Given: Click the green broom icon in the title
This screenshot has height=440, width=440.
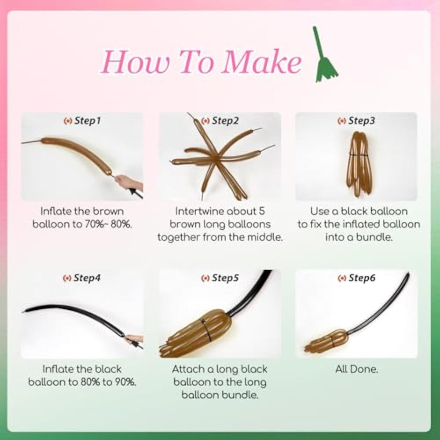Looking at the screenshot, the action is (326, 56).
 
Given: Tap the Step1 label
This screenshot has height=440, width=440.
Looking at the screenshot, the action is (82, 121).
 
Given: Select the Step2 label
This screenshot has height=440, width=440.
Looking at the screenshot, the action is (220, 121).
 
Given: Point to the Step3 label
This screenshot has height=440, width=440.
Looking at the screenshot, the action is (356, 121).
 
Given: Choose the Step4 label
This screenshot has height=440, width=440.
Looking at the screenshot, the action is (82, 278).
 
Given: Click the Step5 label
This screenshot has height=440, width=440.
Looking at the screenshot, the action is (220, 278).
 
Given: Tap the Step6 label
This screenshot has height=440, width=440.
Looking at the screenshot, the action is (356, 278).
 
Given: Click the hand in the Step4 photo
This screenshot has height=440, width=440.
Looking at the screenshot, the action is (134, 339).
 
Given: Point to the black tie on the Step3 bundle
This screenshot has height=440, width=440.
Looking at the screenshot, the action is (359, 155).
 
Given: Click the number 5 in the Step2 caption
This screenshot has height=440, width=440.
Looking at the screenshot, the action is (261, 211).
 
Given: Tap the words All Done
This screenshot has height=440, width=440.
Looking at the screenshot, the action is (357, 369).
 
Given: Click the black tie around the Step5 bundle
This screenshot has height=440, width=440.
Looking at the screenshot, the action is (206, 330).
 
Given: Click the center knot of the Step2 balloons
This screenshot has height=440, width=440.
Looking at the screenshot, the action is (216, 158).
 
